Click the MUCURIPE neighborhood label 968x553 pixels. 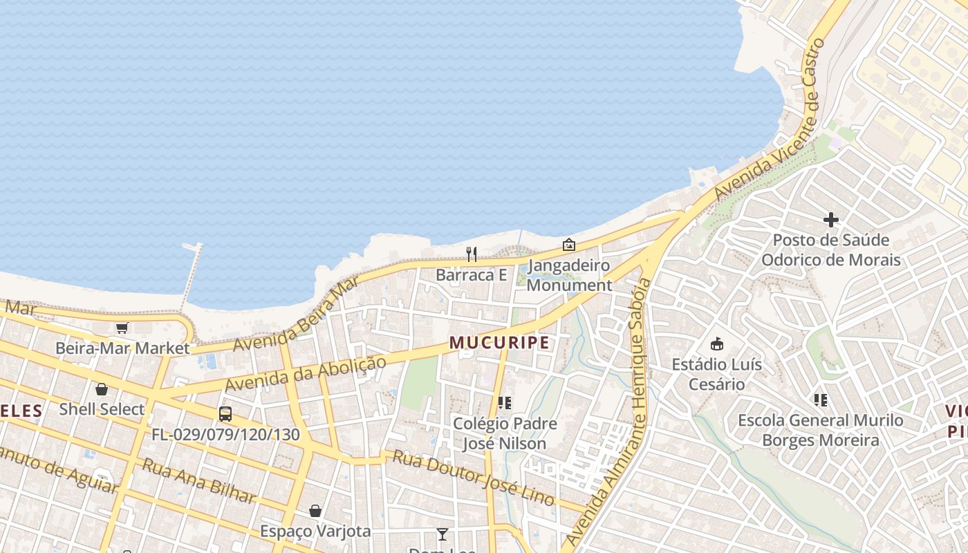[499, 342]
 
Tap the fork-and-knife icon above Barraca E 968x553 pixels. [472, 254]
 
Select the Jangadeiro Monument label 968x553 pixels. [569, 275]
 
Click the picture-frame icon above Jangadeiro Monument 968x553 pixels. [569, 245]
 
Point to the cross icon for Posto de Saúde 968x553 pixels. [831, 220]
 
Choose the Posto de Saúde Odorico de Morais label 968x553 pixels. [831, 250]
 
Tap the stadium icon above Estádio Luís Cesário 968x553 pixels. [717, 344]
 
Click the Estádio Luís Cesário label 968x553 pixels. [717, 374]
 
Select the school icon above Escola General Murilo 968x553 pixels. [821, 400]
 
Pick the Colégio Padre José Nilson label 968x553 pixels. [505, 433]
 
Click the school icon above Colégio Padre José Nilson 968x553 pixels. [505, 402]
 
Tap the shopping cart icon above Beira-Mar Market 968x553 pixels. [122, 328]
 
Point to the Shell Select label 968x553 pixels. [102, 409]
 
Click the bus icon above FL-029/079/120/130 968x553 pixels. [225, 414]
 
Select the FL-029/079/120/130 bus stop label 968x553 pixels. [225, 435]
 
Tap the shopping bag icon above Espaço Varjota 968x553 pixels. [315, 511]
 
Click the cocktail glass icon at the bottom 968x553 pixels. [443, 534]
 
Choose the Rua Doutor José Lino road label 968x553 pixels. [474, 478]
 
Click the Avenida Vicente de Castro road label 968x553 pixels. [772, 118]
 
